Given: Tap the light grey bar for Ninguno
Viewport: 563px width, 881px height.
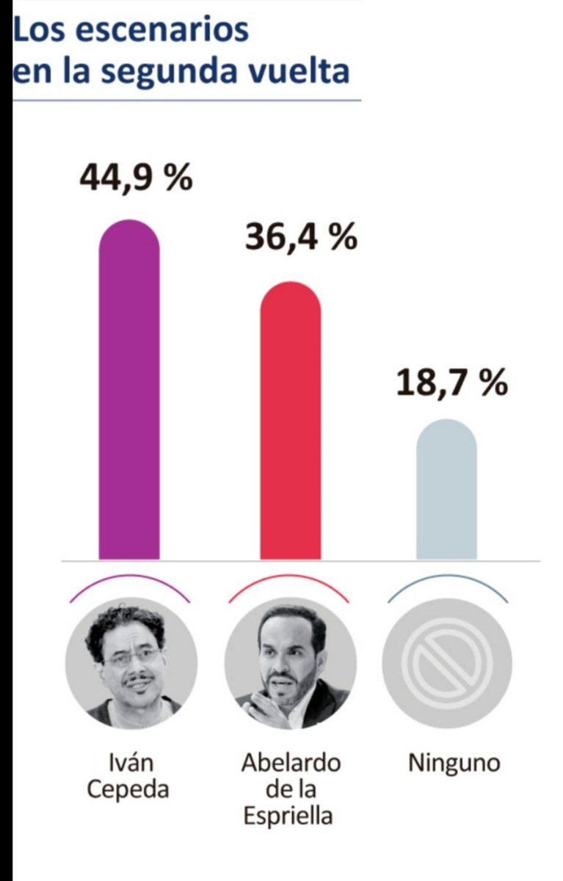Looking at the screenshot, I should [446, 492].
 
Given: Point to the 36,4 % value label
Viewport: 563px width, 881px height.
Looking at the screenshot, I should [301, 238].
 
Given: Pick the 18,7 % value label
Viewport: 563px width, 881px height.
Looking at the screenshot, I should [452, 383].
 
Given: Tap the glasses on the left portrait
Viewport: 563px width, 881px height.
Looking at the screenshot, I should [131, 656].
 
